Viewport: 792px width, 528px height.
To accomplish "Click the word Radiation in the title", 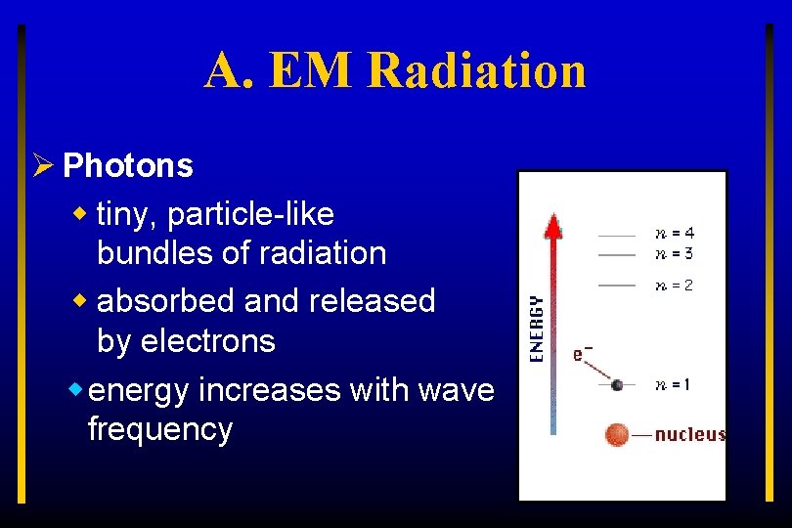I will coord(479,70).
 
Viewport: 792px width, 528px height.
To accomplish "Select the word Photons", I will coord(127,166).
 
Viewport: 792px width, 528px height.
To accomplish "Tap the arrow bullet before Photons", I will coord(41,166).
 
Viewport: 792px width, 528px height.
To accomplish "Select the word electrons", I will coord(207,341).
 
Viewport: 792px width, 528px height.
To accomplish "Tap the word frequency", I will coord(159,429).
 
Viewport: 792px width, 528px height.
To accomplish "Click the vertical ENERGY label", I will coord(537,330).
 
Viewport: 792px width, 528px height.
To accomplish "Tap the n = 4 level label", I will coord(675,234).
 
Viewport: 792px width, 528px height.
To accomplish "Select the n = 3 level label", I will coord(675,254).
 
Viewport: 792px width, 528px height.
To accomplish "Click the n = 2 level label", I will coord(675,286).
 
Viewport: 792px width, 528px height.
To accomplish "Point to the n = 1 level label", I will coord(673,385).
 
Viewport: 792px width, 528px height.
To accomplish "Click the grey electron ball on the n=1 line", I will coord(617,385).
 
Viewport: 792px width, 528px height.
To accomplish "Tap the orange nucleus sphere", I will coord(616,434).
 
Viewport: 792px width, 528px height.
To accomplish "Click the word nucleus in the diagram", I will coord(689,434).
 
